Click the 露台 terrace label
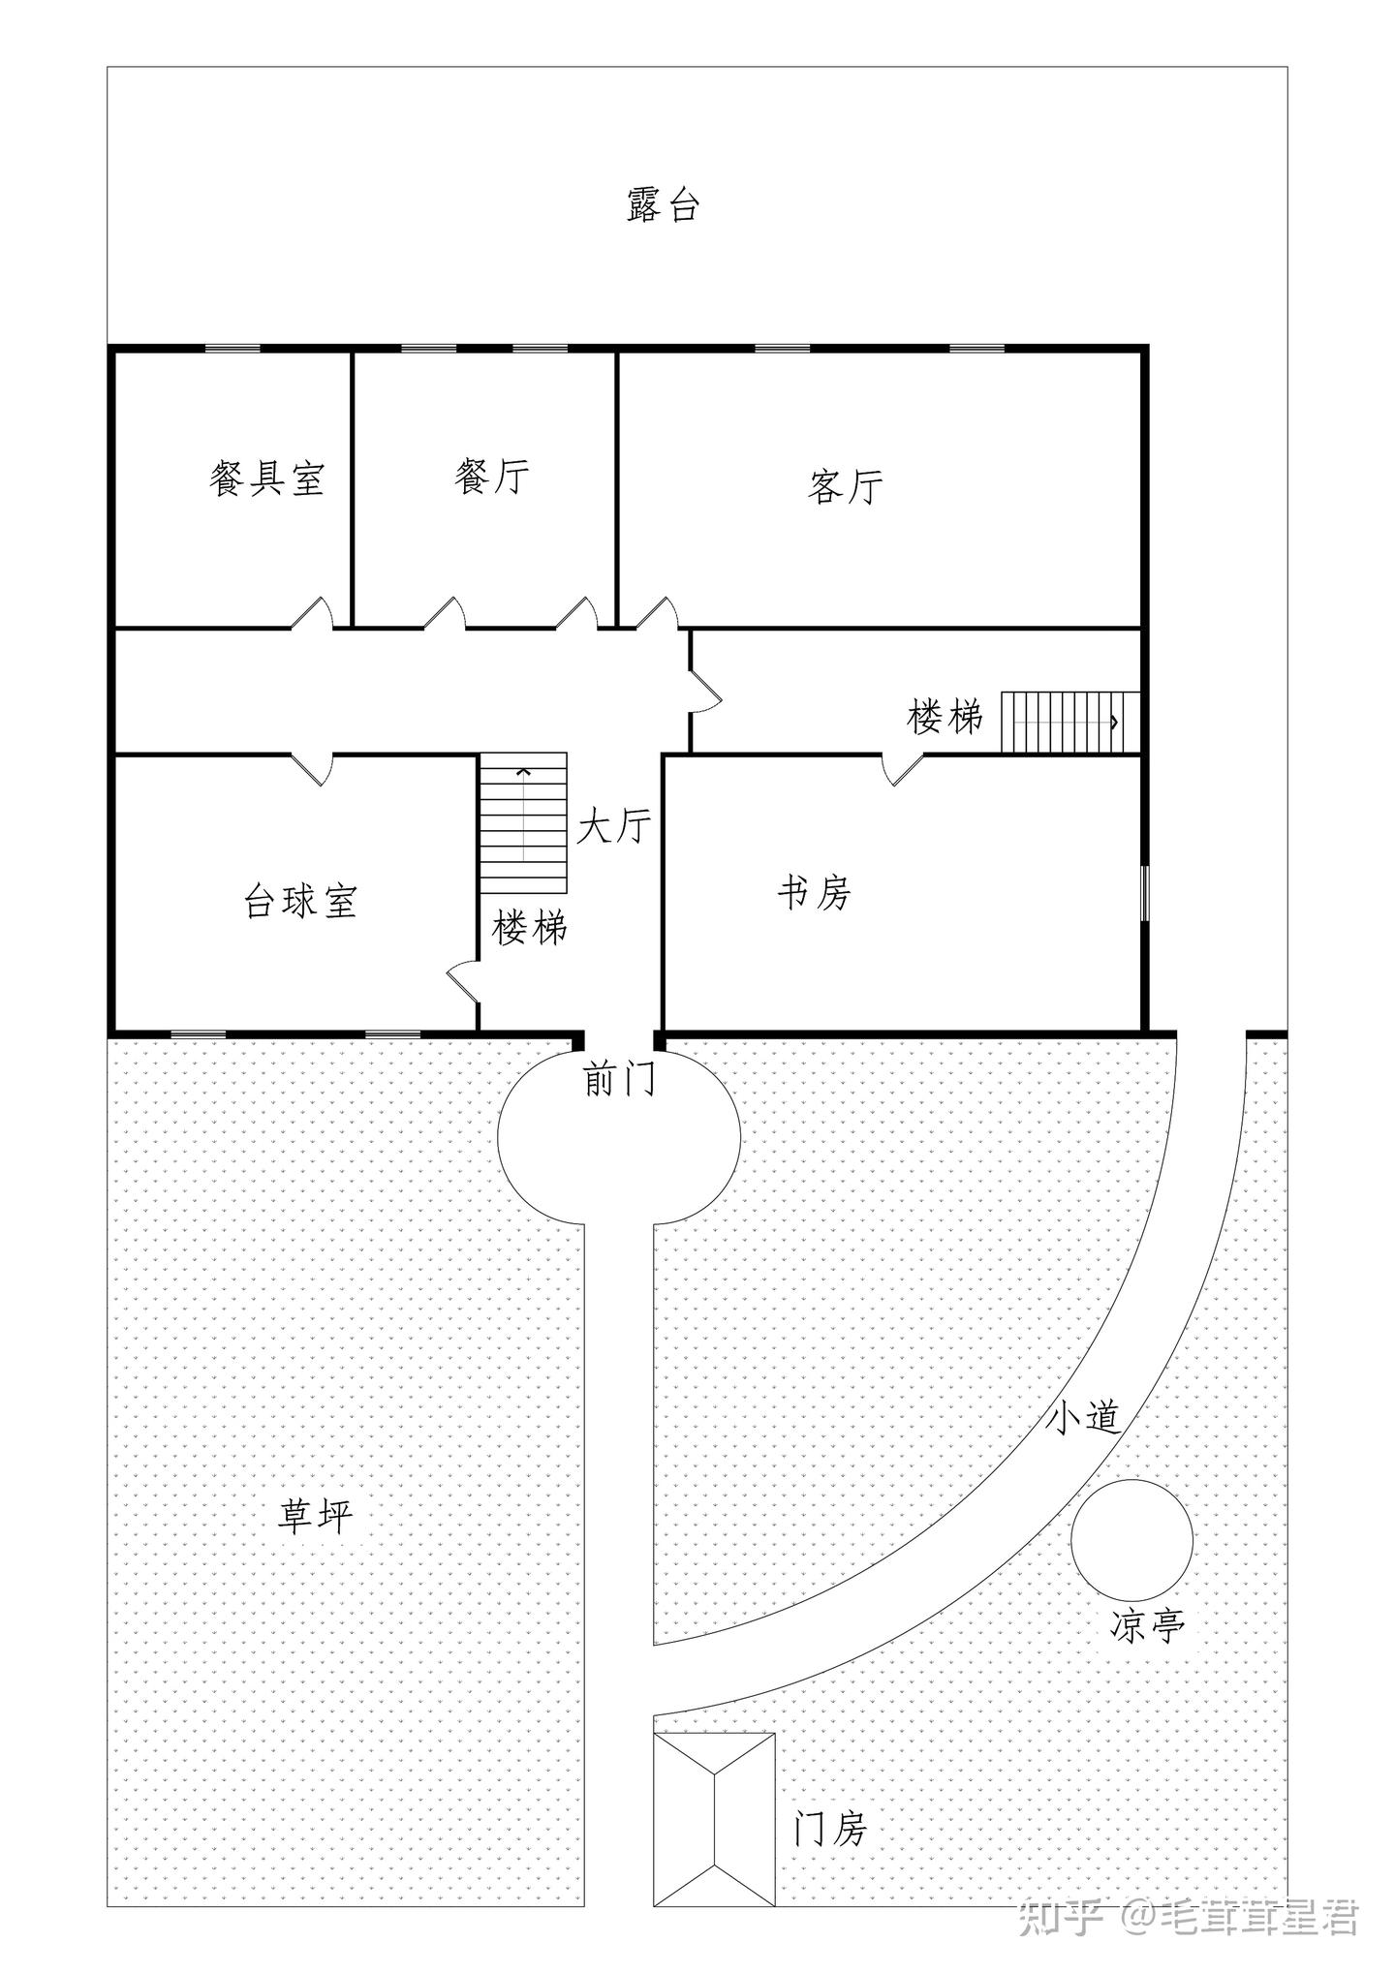[x=663, y=205]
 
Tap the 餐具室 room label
[x=266, y=478]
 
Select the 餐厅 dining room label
[x=492, y=476]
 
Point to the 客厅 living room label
[x=845, y=486]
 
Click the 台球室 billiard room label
[x=300, y=901]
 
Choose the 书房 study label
[x=814, y=892]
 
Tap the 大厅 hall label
[x=614, y=826]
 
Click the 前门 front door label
[x=620, y=1078]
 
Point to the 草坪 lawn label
[x=316, y=1516]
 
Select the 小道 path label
[x=1084, y=1419]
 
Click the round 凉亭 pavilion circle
[x=1131, y=1540]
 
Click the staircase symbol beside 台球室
[x=523, y=823]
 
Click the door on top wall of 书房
[x=902, y=768]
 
